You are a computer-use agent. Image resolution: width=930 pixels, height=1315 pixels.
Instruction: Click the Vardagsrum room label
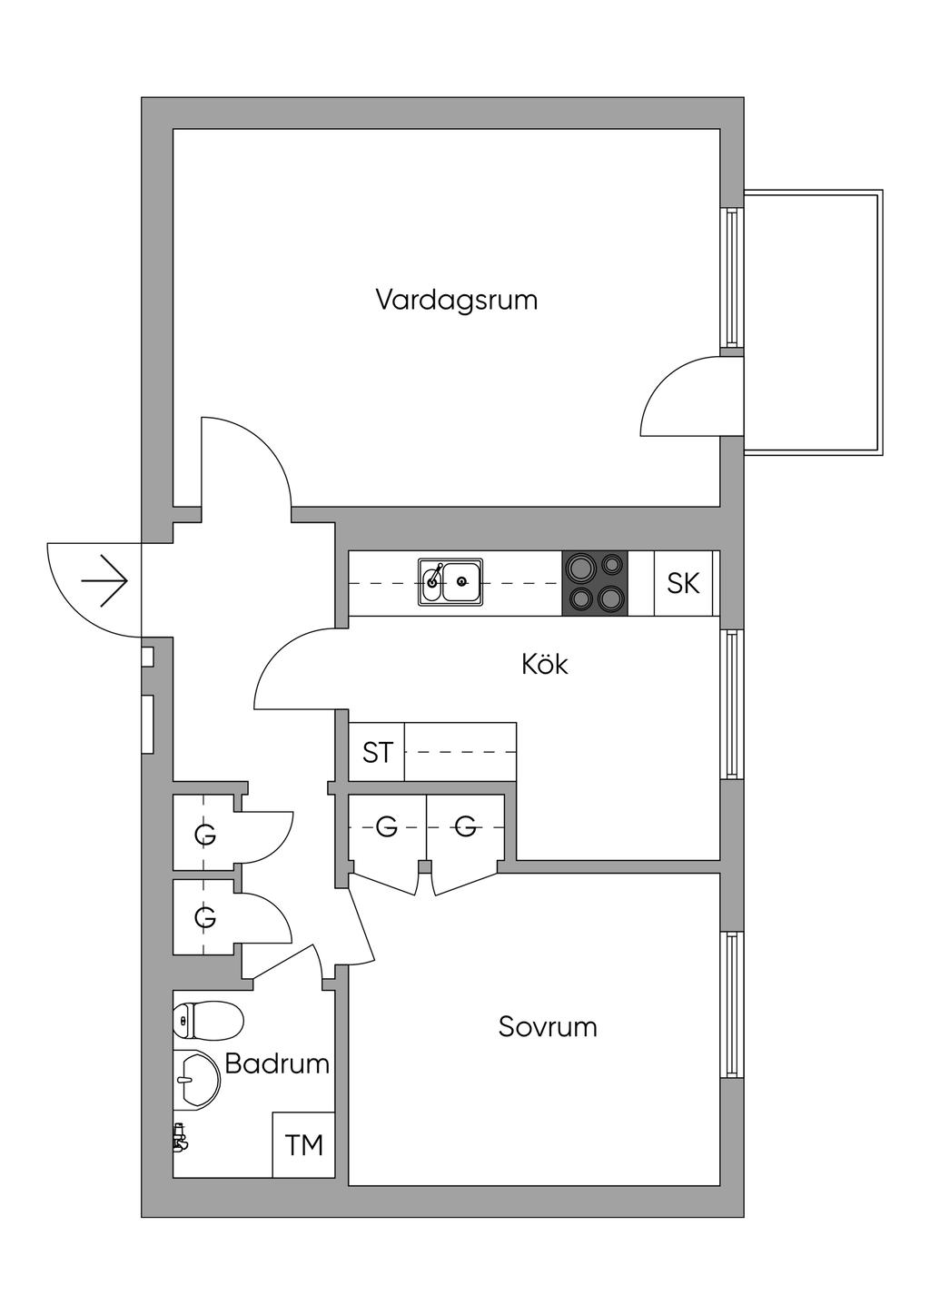pos(457,300)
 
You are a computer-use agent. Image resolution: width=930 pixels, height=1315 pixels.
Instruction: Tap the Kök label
pos(545,664)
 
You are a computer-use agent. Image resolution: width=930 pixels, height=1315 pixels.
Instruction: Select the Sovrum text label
pos(548,1027)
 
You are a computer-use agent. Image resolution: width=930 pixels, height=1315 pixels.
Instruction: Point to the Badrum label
pos(277,1063)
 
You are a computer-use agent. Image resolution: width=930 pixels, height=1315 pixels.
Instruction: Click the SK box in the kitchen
pos(683,583)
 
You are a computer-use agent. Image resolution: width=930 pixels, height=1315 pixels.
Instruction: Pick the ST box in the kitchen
pos(377,752)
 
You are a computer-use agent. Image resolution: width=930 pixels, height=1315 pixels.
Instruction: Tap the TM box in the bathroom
pos(304,1145)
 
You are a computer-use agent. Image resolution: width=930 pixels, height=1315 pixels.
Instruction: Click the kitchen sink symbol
pos(450,582)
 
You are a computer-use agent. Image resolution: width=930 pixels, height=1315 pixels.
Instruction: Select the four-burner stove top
pos(596,583)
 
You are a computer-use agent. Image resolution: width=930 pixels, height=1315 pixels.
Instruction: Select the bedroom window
pos(732,1004)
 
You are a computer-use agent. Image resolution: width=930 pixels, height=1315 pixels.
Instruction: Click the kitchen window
pos(732,703)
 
